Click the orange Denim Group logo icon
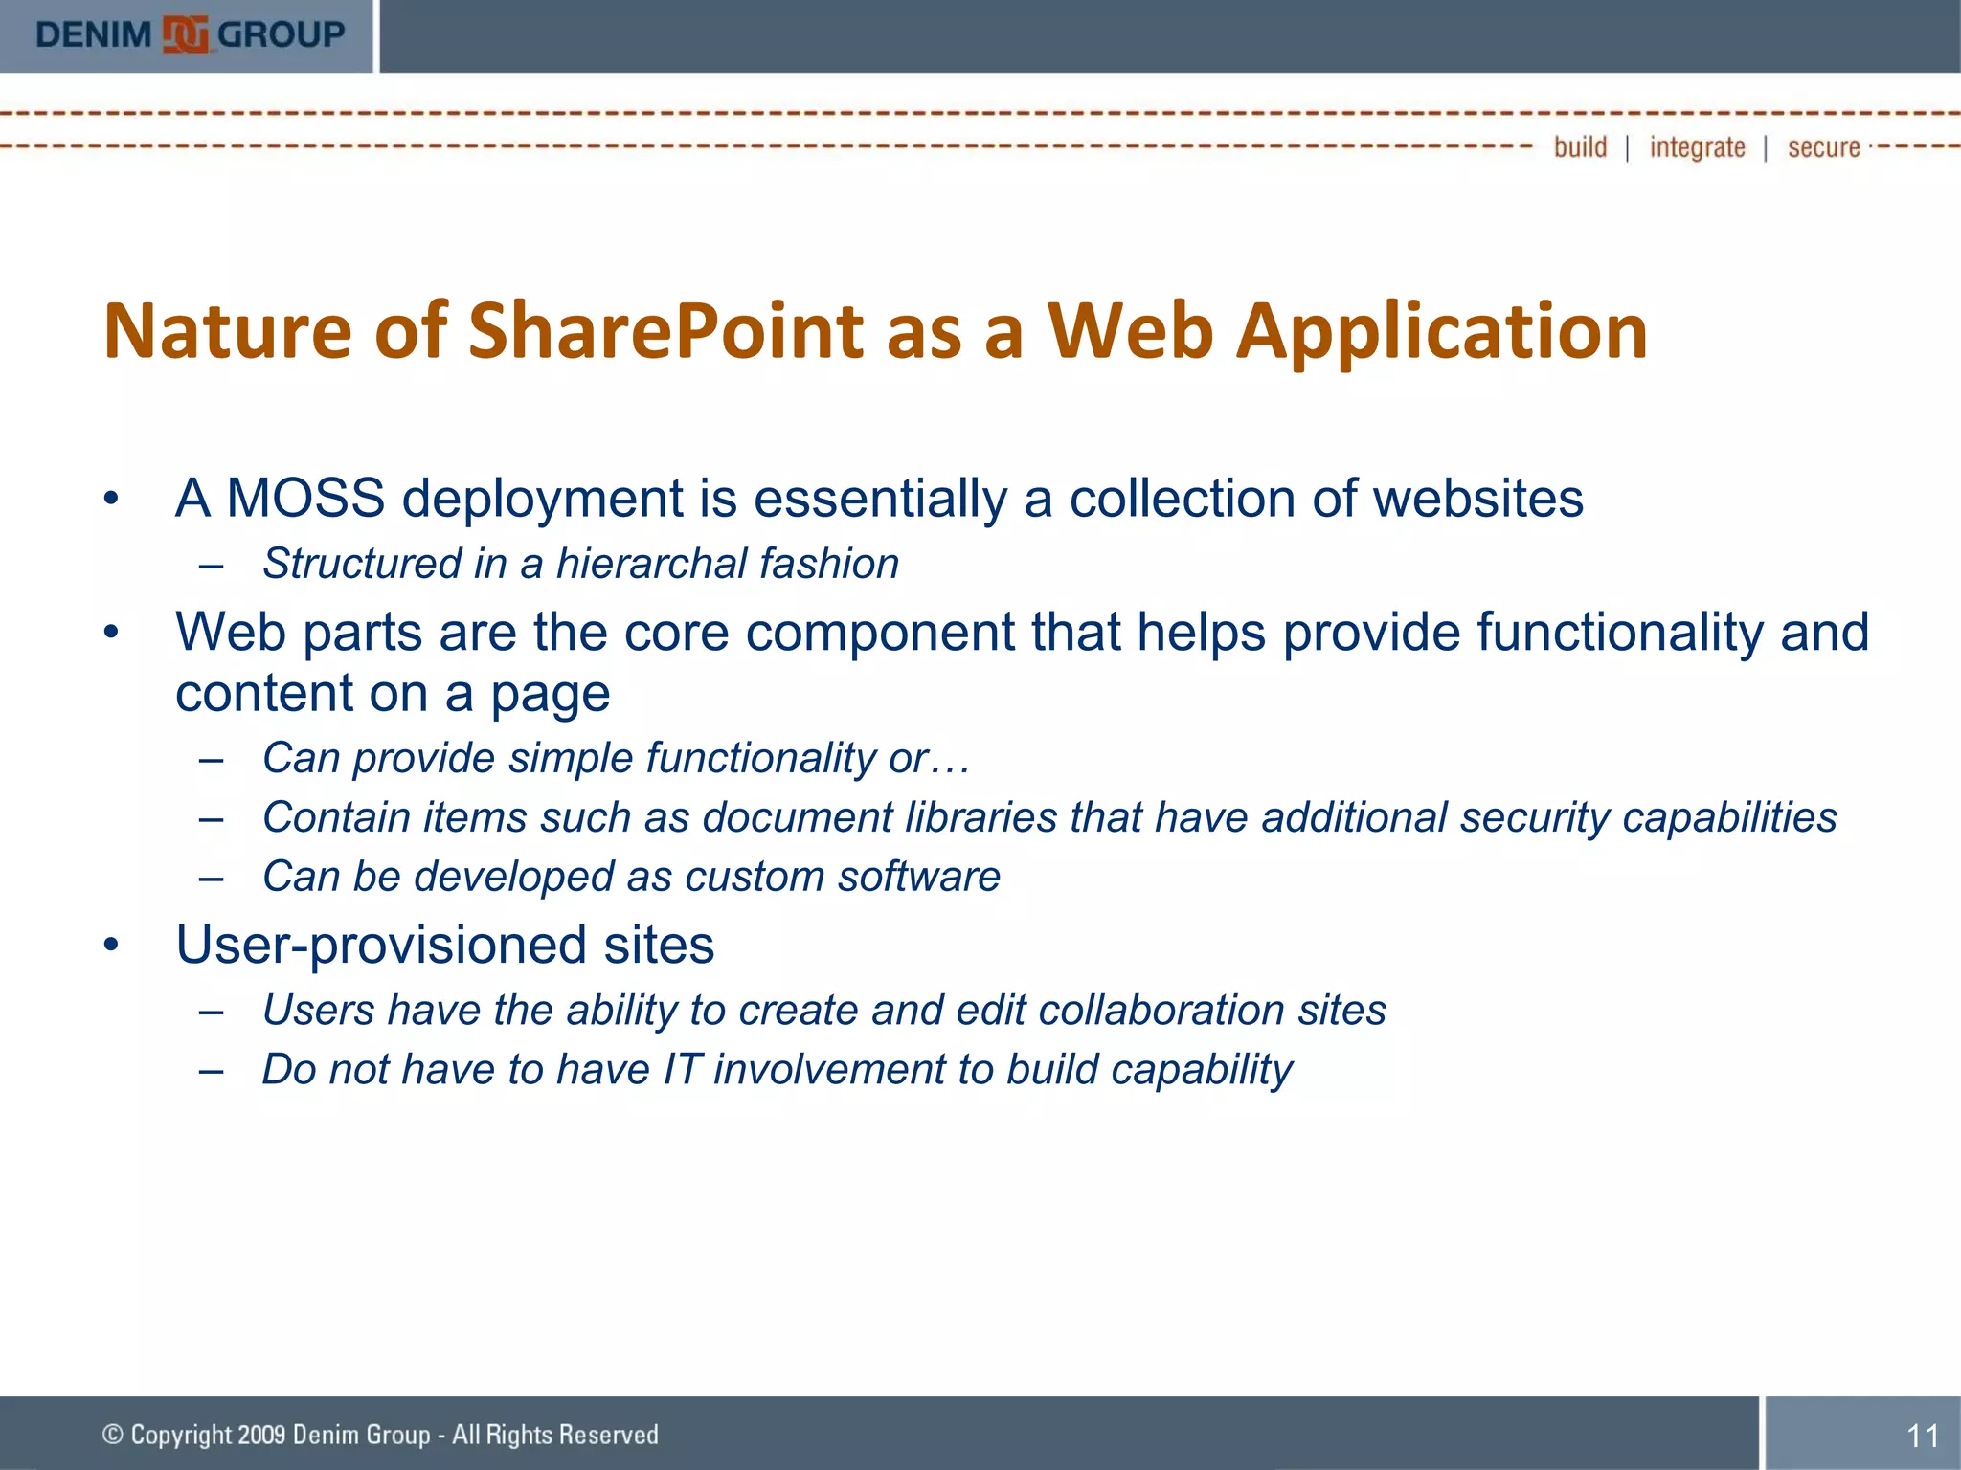(x=185, y=35)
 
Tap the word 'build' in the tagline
(x=1580, y=147)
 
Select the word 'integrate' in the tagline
(x=1697, y=147)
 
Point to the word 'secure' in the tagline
(x=1823, y=147)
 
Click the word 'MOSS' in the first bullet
(x=305, y=499)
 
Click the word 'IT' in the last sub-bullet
(x=682, y=1069)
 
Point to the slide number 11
(x=1923, y=1436)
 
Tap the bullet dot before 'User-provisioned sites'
(x=112, y=945)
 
